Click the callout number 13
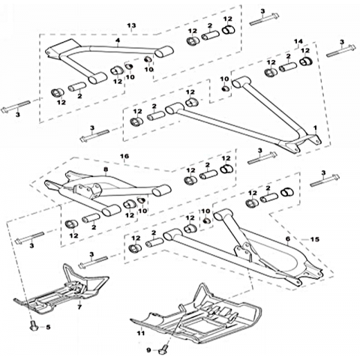[131, 25]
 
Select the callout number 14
[298, 41]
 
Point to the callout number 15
[315, 239]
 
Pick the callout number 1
[315, 127]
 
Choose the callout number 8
[106, 169]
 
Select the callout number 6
[288, 239]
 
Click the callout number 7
[79, 307]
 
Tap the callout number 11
[141, 333]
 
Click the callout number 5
[48, 327]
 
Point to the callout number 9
[148, 350]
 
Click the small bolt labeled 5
[34, 326]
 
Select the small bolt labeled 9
[163, 349]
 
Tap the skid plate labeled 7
[62, 290]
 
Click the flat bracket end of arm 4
[58, 50]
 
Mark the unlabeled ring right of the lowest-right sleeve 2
[287, 192]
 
